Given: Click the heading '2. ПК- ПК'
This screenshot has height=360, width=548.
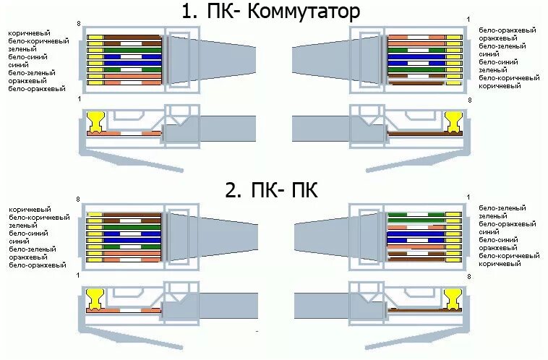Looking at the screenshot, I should pyautogui.click(x=270, y=191).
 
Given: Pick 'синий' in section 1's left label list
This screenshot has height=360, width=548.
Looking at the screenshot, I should pyautogui.click(x=19, y=65).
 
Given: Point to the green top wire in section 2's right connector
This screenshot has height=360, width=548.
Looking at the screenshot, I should pyautogui.click(x=416, y=215).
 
